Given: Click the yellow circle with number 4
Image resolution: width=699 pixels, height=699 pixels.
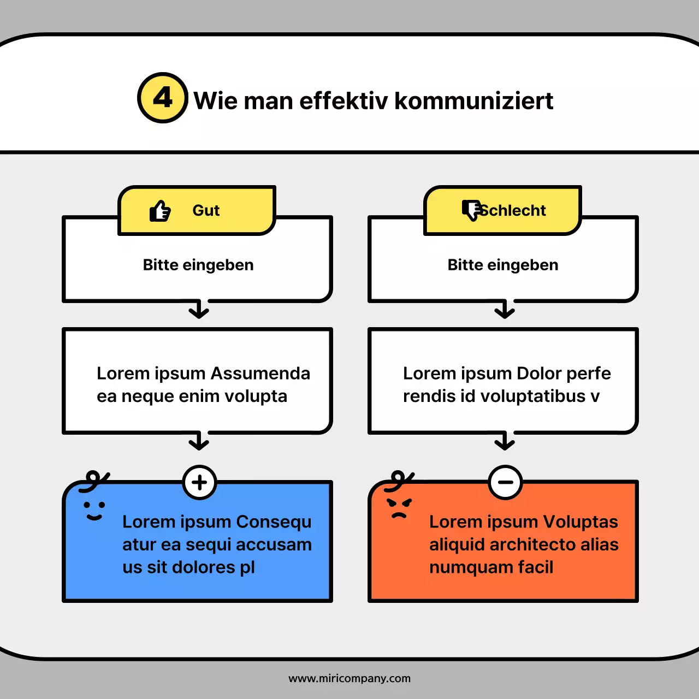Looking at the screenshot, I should pos(163,98).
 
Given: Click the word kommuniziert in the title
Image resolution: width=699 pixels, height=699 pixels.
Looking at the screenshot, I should pos(473,101).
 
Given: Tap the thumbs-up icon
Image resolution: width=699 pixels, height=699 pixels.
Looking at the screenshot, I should pos(160,211).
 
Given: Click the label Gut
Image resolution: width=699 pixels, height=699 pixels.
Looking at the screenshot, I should pos(206,211).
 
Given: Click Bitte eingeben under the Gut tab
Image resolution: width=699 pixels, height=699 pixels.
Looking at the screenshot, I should pos(198,265).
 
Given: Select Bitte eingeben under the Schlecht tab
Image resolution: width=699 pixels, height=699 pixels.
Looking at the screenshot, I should pos(503,265).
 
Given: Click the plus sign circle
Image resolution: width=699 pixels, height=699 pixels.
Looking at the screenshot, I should pos(199,482).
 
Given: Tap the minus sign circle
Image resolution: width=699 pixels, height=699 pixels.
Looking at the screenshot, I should pos(505,482).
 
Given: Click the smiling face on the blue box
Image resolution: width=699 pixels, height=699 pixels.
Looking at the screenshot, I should pos(94,511).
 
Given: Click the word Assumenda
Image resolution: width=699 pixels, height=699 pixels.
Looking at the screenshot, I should pos(260,374).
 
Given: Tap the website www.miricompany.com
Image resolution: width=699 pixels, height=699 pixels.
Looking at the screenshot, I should pos(349,678).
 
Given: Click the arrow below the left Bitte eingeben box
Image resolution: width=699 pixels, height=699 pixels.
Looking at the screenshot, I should pos(199,310).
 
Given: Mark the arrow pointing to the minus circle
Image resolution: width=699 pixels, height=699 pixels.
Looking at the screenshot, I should pos(505,441).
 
